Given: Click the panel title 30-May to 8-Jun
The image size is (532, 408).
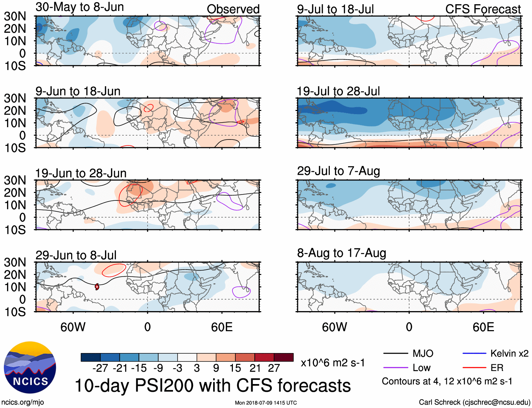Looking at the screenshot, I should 80,7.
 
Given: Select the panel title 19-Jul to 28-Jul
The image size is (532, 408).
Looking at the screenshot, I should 338,91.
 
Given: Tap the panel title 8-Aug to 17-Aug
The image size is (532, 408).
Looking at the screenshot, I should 341,253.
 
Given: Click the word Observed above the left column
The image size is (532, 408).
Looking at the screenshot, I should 233,9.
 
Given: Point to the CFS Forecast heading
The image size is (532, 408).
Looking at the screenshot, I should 483,9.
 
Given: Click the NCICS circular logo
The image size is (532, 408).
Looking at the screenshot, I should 30,367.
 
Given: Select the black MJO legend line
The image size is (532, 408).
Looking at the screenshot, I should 395,353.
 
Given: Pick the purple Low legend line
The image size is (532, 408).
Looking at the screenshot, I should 395,368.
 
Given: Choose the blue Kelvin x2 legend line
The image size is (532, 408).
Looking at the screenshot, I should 474,353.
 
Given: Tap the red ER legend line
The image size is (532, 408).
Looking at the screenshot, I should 474,368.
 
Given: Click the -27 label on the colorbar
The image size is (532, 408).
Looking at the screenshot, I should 100,368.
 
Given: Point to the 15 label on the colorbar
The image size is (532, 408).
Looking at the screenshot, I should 235,368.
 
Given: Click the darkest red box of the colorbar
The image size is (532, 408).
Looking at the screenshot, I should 284,357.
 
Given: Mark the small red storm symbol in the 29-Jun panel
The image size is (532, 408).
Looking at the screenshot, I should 97,287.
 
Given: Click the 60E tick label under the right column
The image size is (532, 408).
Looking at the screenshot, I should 483,327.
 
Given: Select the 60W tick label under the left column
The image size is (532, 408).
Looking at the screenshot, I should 73,327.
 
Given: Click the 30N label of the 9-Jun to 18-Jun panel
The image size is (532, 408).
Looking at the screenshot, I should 15,98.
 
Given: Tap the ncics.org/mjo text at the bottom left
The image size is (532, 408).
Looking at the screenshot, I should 23,402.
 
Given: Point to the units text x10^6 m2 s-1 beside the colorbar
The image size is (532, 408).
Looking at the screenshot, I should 333,363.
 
